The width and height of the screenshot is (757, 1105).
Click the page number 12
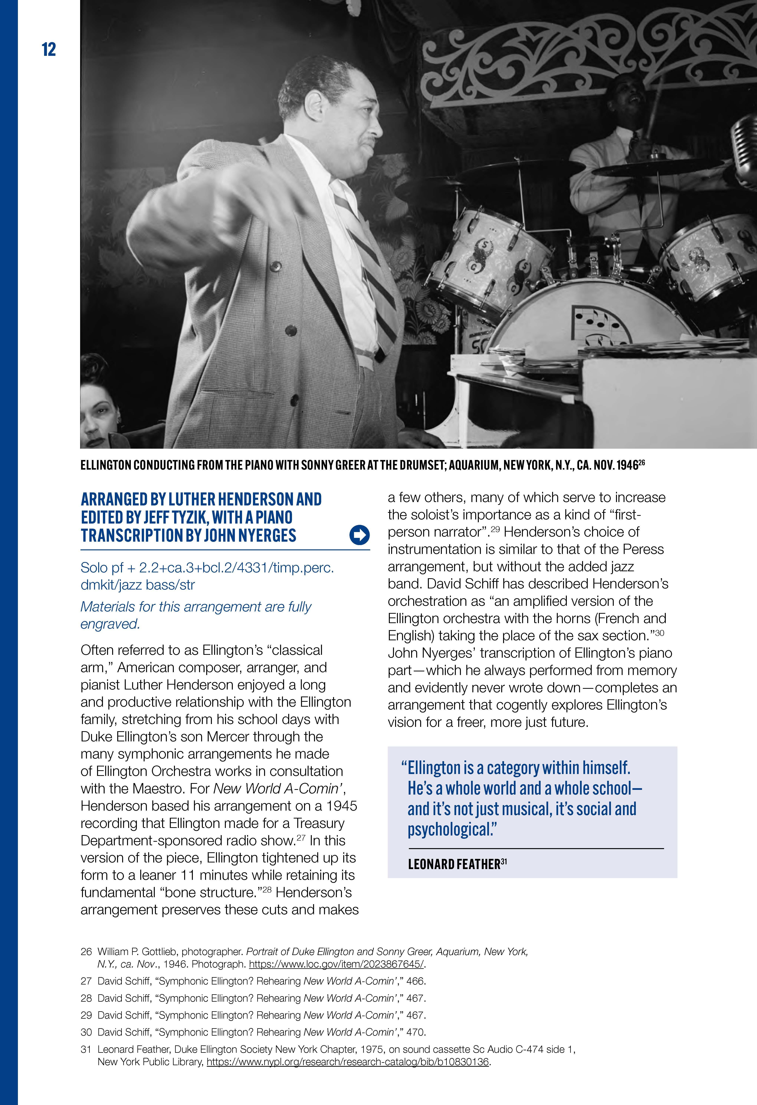click(x=49, y=49)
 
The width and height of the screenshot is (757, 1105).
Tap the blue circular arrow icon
click(x=359, y=535)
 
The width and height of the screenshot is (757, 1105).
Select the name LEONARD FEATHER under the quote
click(x=454, y=864)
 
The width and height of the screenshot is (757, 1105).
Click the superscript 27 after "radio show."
click(x=301, y=838)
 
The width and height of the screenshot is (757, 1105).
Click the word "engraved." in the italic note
click(x=110, y=624)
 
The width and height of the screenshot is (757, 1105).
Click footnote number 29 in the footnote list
click(x=86, y=1015)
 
